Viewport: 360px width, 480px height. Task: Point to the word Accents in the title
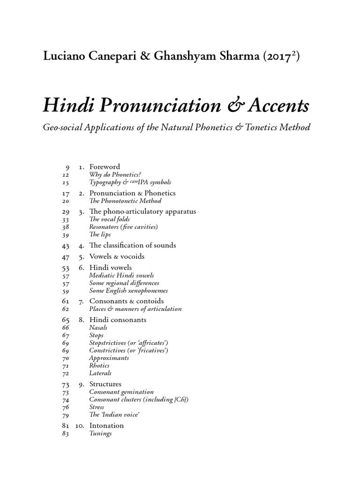(x=282, y=106)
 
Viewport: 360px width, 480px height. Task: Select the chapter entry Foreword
(x=105, y=166)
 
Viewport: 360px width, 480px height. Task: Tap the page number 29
(x=66, y=211)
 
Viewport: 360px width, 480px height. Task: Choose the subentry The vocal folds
(x=109, y=219)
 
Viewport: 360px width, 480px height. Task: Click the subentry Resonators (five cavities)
(x=123, y=227)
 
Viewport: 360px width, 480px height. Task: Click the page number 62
(x=66, y=309)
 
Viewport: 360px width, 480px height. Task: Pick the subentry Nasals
(x=98, y=328)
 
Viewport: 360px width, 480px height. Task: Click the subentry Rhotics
(x=99, y=366)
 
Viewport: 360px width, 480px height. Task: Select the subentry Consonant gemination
(x=121, y=392)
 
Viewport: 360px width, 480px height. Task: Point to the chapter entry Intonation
(x=106, y=426)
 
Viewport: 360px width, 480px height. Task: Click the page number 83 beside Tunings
(x=66, y=434)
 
